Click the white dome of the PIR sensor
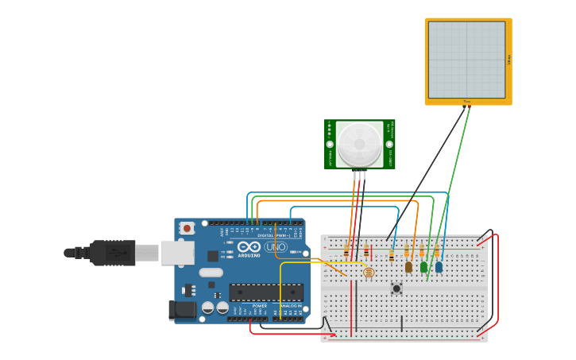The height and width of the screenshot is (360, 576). coord(359,144)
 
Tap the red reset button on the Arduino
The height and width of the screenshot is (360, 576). coord(187,228)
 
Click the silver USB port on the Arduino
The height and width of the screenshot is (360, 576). coord(177,253)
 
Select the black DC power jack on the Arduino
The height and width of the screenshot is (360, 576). coord(183,311)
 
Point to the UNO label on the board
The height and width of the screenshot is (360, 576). coord(275,247)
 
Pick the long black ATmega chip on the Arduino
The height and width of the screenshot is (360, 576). coord(266,292)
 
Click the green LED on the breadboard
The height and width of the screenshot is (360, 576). coord(423,267)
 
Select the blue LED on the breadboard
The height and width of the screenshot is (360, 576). coord(439,267)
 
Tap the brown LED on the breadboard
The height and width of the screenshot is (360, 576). coord(408,267)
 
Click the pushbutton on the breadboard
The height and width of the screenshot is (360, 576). coord(396,288)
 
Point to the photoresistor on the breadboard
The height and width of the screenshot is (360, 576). coord(368,273)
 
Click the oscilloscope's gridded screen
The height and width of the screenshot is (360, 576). coord(466,60)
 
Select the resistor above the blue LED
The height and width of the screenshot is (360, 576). coord(436,251)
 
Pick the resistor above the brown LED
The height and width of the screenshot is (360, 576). coord(407,251)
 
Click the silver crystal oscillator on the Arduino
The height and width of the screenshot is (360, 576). coord(211,273)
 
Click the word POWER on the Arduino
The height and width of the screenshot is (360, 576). coord(260,305)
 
